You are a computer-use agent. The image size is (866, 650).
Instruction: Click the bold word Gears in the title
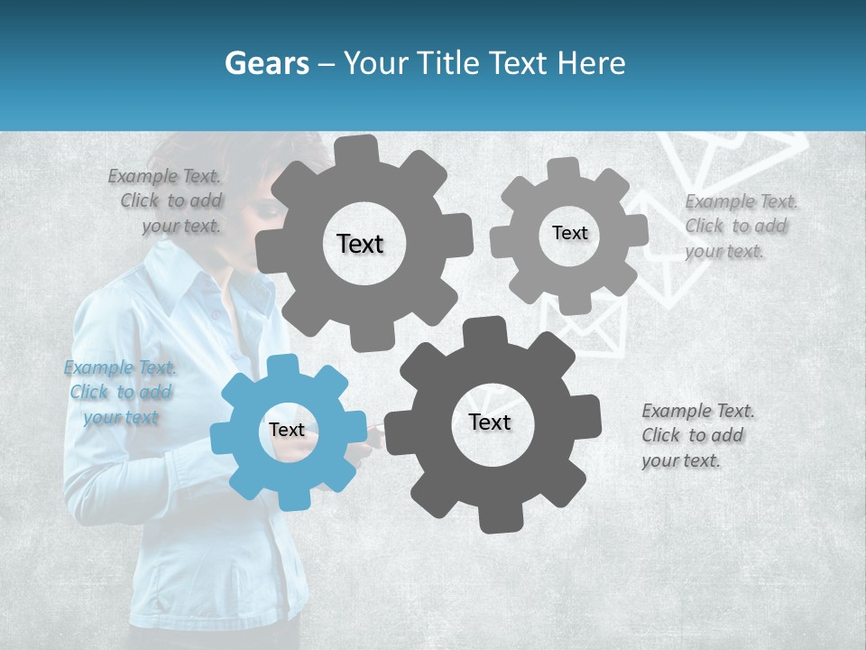(266, 63)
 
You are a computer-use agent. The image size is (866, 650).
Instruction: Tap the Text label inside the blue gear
(287, 431)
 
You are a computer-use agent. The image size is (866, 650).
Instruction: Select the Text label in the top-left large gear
(360, 244)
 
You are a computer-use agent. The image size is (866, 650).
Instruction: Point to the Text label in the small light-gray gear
(570, 233)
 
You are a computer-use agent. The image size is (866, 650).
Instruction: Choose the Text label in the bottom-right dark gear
(490, 422)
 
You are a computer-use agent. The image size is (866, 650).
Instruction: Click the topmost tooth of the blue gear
(283, 366)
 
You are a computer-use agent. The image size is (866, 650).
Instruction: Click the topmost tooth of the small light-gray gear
(564, 168)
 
